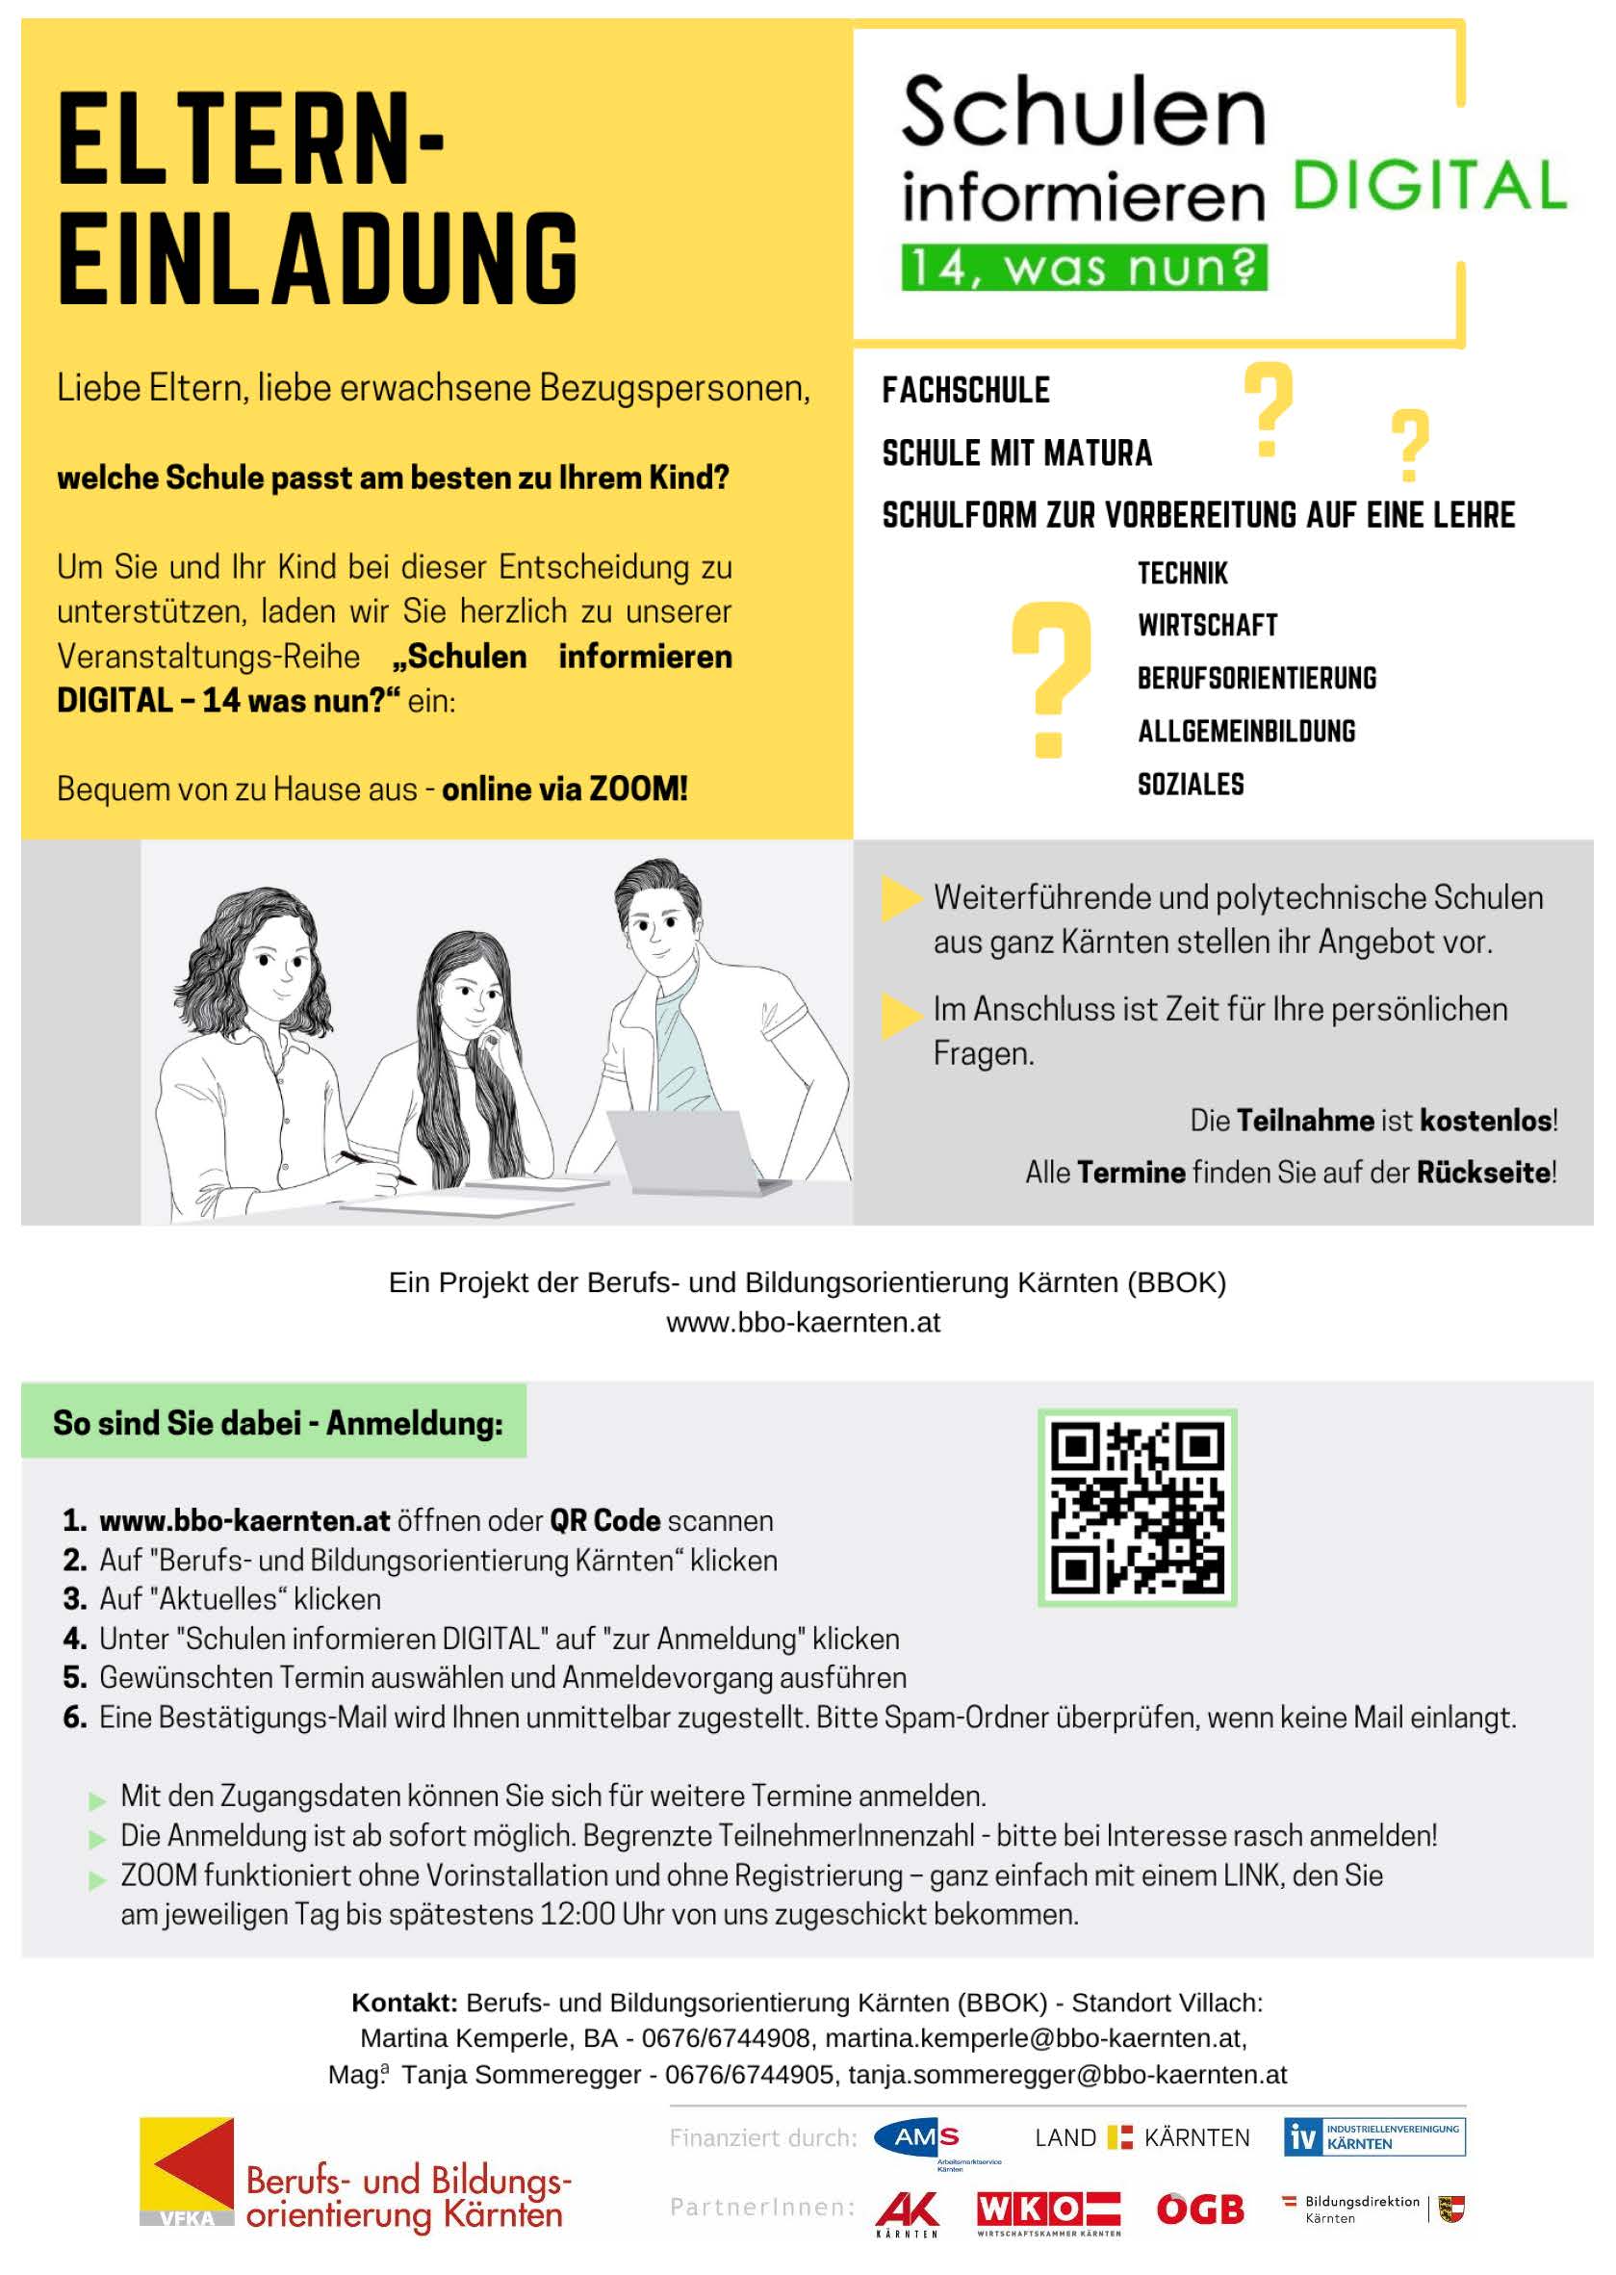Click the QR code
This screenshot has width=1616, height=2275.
pyautogui.click(x=1137, y=1508)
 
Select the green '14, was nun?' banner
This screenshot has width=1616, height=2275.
pyautogui.click(x=1084, y=268)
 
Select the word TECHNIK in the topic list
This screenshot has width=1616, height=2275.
pyautogui.click(x=1182, y=573)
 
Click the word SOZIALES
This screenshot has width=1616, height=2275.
pyautogui.click(x=1191, y=785)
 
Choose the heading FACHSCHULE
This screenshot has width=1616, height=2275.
pyautogui.click(x=965, y=390)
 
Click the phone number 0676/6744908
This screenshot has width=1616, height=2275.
pyautogui.click(x=726, y=2038)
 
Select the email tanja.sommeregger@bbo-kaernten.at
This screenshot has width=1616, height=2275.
pyautogui.click(x=1066, y=2075)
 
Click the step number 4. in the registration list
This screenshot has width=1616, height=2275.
pyautogui.click(x=75, y=1639)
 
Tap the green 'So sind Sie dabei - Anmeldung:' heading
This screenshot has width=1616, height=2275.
pyautogui.click(x=277, y=1423)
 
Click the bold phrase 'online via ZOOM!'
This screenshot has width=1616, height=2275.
pyautogui.click(x=564, y=789)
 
